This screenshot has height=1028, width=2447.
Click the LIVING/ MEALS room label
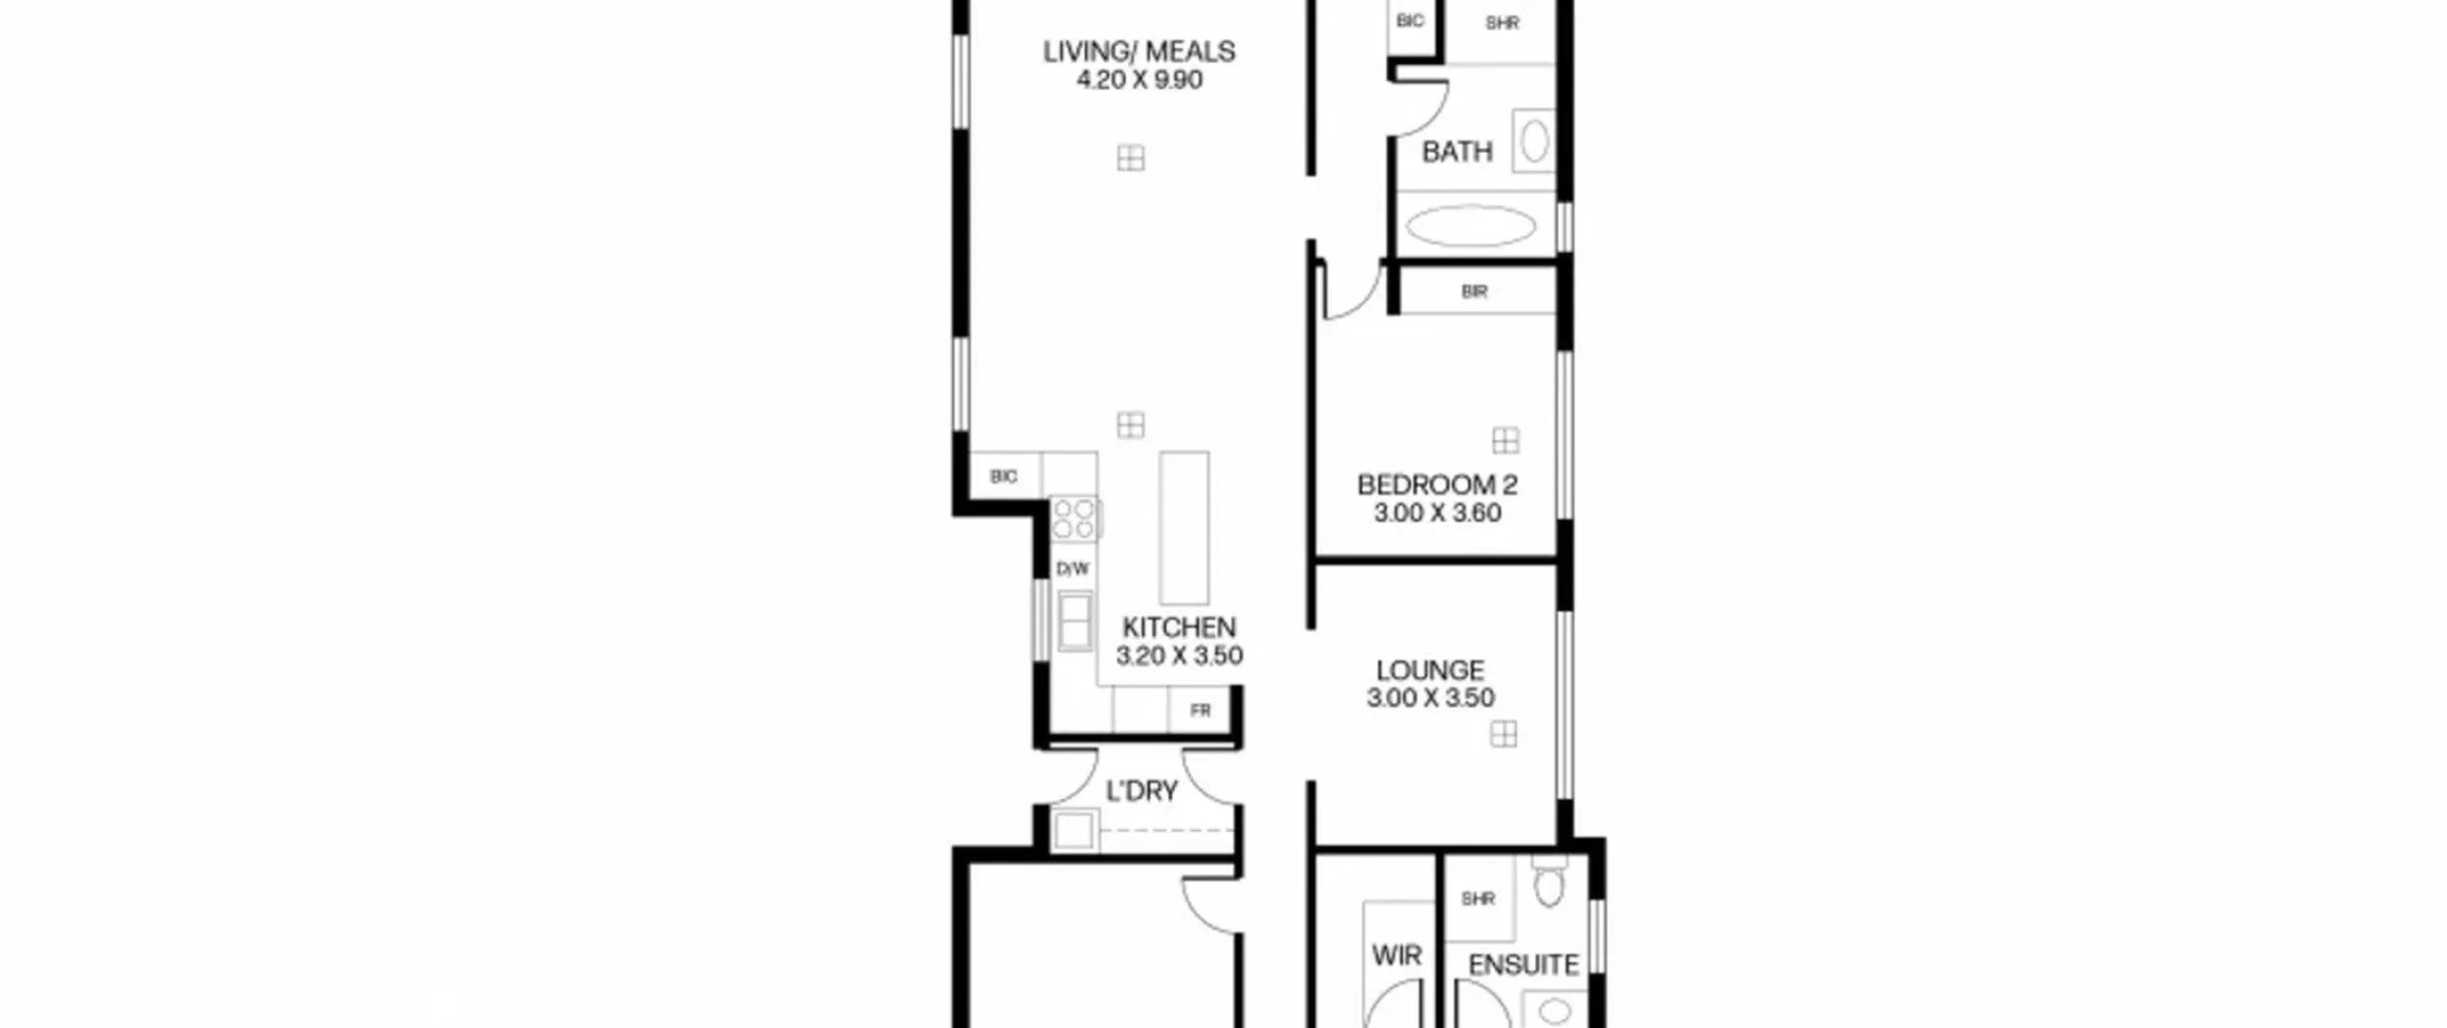[1138, 51]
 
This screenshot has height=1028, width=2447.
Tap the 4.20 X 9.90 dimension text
[1139, 79]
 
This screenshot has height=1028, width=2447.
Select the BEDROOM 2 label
[1437, 485]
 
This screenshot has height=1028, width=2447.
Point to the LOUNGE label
[1430, 670]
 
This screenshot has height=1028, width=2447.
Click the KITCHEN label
[1179, 627]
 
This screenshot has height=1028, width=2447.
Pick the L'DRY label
[1141, 791]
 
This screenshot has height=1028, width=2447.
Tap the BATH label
[1457, 151]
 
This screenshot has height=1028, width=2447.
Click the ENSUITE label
[1523, 965]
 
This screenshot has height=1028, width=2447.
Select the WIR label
[1397, 954]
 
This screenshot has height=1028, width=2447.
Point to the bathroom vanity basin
[1534, 142]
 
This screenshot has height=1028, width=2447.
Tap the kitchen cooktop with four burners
[1074, 518]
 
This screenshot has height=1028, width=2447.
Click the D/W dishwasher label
[1072, 569]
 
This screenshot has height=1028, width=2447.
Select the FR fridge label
[1201, 710]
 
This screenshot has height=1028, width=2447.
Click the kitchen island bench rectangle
[1183, 528]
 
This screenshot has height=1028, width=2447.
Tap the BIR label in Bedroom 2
[1474, 292]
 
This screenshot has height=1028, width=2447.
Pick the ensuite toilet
[1549, 880]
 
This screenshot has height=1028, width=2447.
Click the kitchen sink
[1075, 621]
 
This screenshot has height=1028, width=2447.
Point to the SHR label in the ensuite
[1478, 899]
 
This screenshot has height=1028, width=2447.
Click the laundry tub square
[1073, 830]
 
